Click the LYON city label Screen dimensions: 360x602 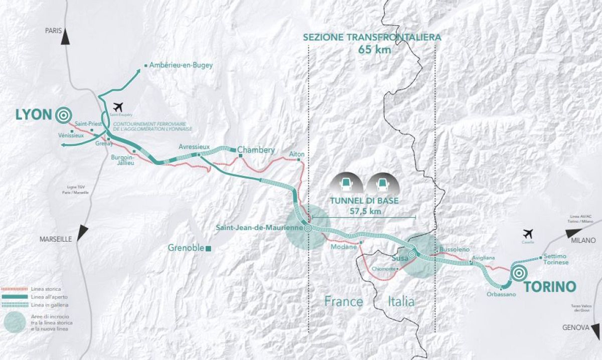pos(34,115)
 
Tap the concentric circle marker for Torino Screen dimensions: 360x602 pos(519,274)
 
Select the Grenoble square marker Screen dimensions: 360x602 pos(208,248)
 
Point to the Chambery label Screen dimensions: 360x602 pos(256,150)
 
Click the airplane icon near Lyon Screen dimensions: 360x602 pos(118,107)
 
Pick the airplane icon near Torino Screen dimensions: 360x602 pos(528,234)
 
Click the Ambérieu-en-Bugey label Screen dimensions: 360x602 pos(181,65)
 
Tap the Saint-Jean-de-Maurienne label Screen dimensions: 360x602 pos(259,228)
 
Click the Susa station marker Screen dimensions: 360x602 pos(412,255)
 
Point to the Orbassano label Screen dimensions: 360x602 pos(501,294)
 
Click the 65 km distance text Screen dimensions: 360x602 pos(374,50)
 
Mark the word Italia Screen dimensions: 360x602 pos(401,301)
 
